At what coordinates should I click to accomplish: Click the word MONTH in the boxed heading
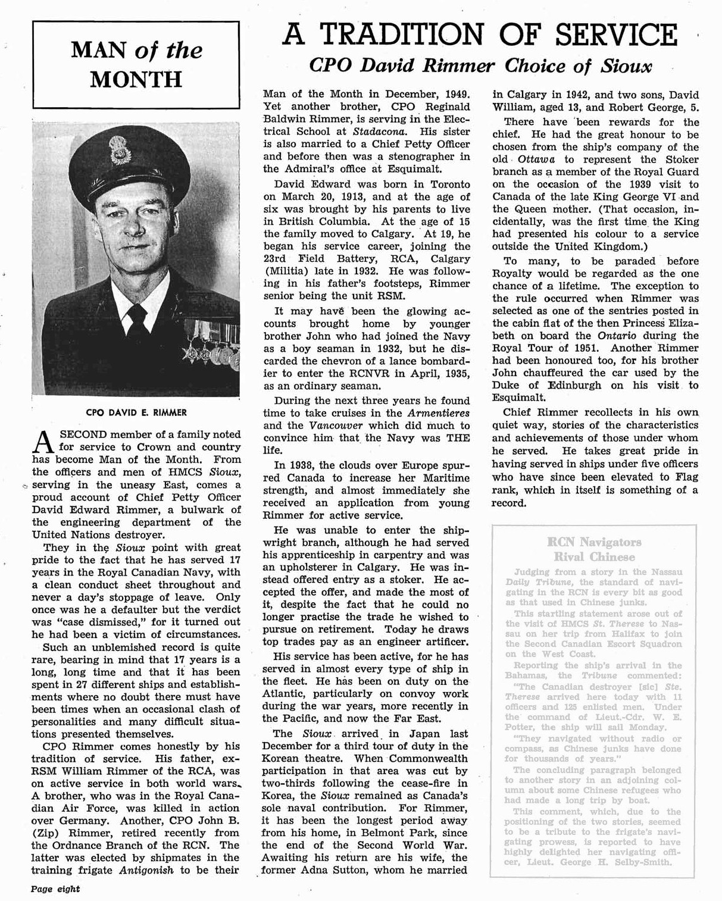(x=136, y=80)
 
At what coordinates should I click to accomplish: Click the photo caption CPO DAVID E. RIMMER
(x=136, y=412)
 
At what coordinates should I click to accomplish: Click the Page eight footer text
(x=55, y=889)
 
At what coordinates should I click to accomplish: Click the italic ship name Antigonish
(x=146, y=870)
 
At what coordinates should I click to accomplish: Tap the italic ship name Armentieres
(x=438, y=413)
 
